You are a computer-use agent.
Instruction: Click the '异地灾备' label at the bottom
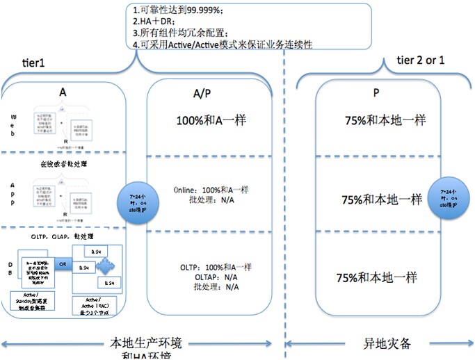click(379, 343)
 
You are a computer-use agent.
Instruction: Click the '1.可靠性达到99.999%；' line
click(177, 10)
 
